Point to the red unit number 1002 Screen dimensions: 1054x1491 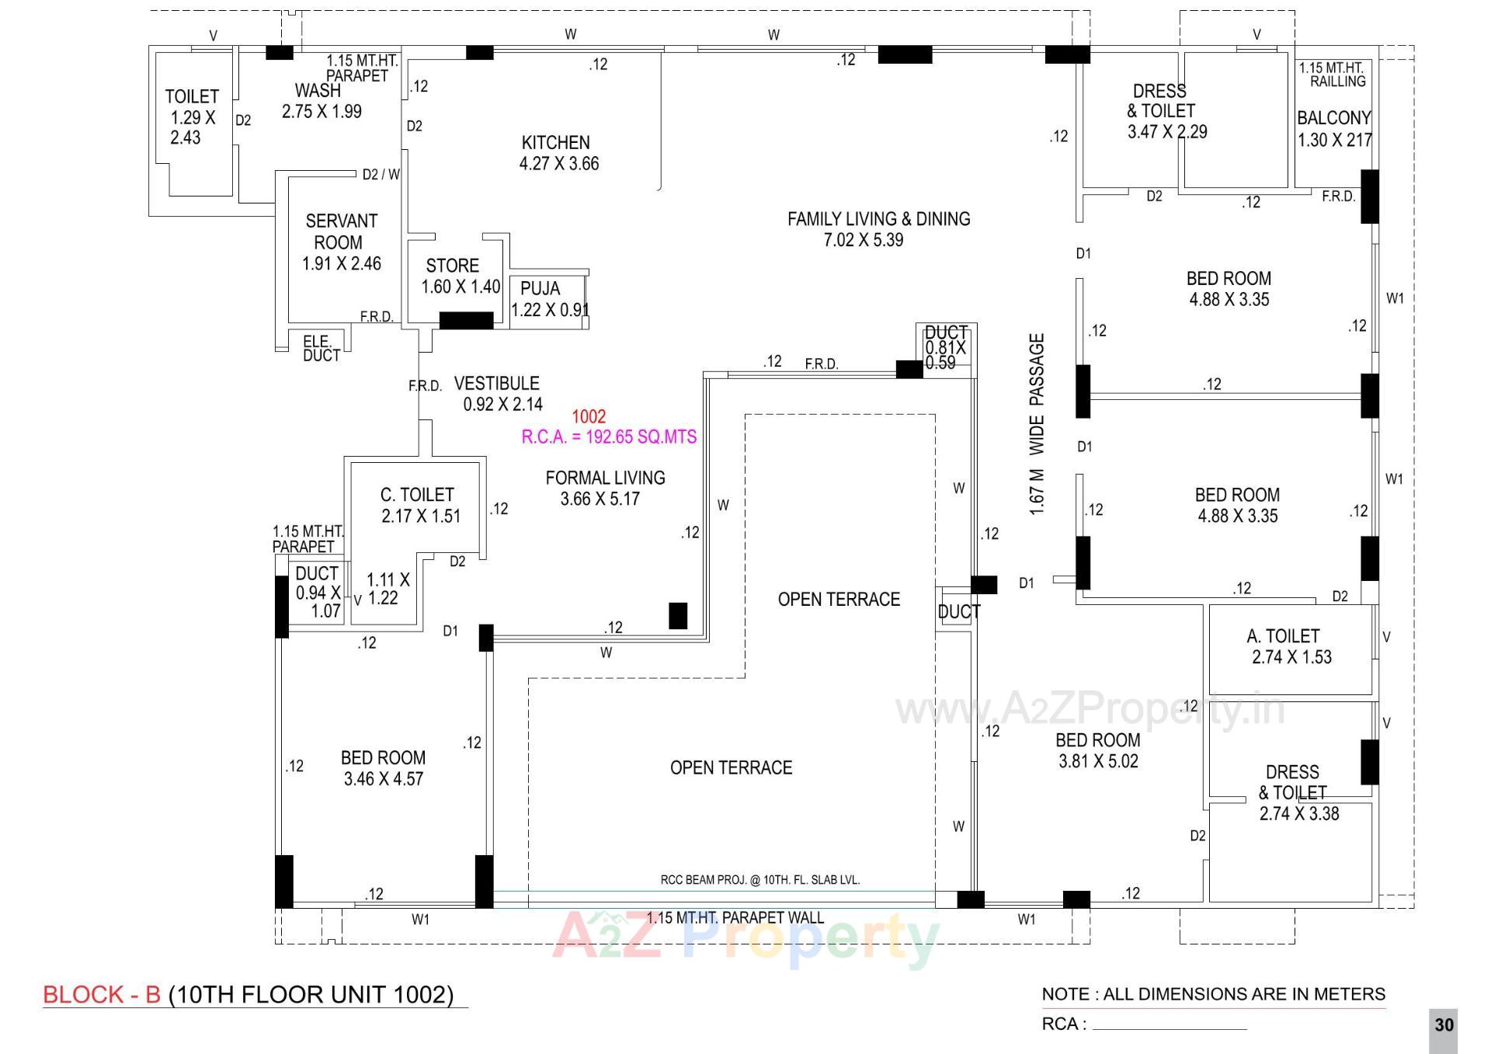click(589, 416)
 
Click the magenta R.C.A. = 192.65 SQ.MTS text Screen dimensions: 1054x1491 click(609, 437)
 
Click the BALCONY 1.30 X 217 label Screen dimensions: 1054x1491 click(1333, 129)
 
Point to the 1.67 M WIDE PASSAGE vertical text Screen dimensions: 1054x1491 click(1037, 424)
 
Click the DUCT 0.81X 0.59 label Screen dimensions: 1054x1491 click(945, 348)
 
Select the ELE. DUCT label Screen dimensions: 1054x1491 click(321, 349)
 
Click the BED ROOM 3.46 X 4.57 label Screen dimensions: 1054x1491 click(383, 767)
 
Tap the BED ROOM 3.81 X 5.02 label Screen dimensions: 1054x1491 click(1097, 750)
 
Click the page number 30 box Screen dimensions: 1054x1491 click(1443, 1025)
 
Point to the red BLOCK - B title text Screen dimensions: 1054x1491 click(102, 994)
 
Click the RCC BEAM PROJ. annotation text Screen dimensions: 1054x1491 click(759, 880)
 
